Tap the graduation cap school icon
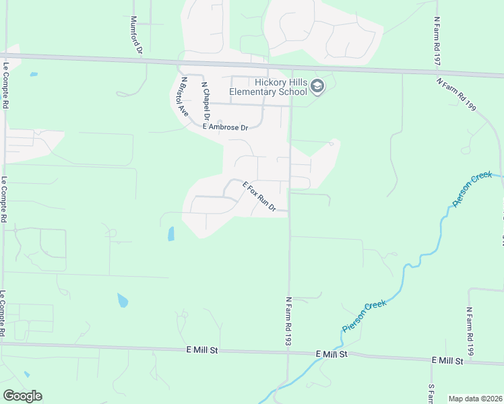(318, 87)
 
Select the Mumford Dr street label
(137, 35)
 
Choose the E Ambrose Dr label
(226, 127)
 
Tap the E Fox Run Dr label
(259, 197)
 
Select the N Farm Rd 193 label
(288, 321)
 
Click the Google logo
(22, 396)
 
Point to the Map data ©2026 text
(474, 399)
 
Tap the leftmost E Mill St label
(203, 350)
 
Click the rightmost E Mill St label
(448, 361)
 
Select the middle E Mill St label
(332, 353)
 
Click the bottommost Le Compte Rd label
(4, 314)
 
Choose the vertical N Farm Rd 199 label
(470, 331)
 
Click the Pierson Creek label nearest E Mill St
(364, 317)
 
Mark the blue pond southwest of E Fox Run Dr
(170, 234)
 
